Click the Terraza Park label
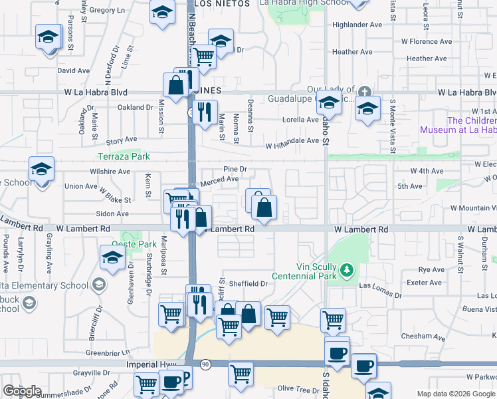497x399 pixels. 124,156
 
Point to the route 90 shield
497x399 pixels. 205,364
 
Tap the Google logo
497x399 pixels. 22,391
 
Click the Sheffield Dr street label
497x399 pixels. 248,283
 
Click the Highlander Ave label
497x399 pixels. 357,25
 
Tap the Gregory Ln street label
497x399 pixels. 106,11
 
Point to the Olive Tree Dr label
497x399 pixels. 298,388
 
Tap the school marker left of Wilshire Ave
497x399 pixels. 41,170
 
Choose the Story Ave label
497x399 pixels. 121,141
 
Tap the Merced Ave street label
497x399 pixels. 219,180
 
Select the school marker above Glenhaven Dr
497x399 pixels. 112,258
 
